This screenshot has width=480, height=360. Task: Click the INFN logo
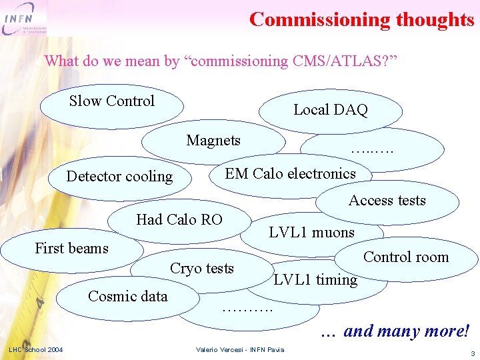point(24,19)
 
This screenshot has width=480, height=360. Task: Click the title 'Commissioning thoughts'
point(361,19)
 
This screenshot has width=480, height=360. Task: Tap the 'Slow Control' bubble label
point(112,101)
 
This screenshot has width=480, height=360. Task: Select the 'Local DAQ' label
point(331,110)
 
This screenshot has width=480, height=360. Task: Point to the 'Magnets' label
point(213,140)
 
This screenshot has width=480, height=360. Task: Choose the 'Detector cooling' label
point(119,177)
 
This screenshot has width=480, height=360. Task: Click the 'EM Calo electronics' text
point(290,174)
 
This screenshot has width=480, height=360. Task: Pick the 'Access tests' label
point(387,200)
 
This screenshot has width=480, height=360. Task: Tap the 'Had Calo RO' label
point(179,219)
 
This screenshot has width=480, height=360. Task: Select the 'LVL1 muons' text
point(311,232)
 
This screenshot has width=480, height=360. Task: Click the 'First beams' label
point(71,248)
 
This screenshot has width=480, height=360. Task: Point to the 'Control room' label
point(406,257)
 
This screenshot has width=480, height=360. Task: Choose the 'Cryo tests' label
point(202,268)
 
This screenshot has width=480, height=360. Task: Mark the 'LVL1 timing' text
point(315,280)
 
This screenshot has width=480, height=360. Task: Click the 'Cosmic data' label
point(128,296)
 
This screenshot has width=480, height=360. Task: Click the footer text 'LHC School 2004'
point(36,349)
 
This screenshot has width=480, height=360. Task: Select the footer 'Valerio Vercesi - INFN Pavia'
point(240,350)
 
